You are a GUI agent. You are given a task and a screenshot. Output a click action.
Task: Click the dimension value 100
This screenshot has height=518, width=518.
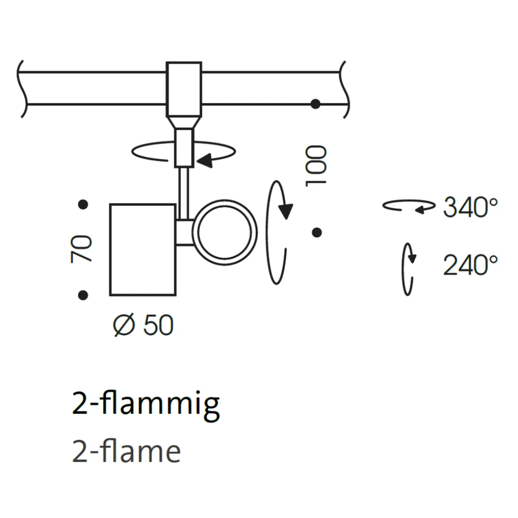point(316,165)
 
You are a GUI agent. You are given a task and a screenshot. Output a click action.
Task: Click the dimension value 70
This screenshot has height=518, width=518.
point(81,249)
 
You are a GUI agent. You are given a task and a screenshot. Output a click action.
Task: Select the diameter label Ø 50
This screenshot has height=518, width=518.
point(143,325)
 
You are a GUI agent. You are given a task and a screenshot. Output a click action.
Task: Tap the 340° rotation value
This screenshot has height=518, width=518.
point(470,207)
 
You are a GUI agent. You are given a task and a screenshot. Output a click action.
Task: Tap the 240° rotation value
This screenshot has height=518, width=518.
point(470,265)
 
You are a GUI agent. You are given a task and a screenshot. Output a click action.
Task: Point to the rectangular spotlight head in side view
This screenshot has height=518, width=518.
point(142,250)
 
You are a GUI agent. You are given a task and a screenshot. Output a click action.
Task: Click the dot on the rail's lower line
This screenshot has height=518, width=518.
point(316,104)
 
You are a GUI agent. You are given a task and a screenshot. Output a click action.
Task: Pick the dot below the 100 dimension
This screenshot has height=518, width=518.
point(317,232)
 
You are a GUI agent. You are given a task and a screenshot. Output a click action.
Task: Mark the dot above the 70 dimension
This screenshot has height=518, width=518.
point(83,205)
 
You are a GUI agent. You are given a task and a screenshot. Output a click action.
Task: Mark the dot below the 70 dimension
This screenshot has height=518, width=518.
point(83,295)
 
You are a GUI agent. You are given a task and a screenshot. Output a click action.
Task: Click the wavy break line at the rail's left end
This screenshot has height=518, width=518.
point(21,88)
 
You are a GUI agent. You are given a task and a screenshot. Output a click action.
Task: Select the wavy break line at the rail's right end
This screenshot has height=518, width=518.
point(345,88)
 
